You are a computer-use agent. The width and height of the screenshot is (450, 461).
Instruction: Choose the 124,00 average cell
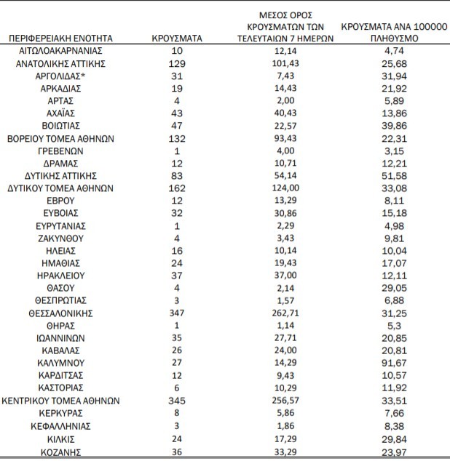coord(285,188)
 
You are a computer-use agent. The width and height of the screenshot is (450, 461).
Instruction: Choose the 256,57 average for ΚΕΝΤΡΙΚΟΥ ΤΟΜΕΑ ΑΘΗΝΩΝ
coord(285,400)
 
